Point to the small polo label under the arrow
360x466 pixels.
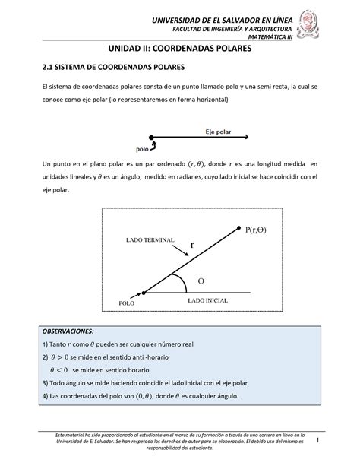(141, 148)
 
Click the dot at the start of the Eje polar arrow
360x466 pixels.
(152, 139)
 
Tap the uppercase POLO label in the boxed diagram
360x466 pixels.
(127, 303)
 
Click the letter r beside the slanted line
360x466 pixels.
(193, 245)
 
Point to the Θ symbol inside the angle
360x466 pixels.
(201, 281)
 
